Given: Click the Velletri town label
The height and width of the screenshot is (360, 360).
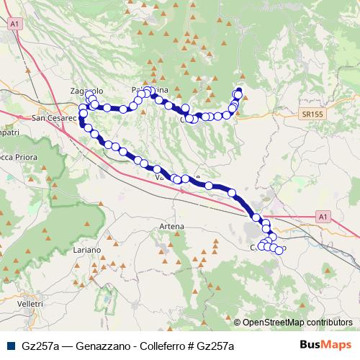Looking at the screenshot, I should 31,305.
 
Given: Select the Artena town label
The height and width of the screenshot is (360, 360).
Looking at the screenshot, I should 172,226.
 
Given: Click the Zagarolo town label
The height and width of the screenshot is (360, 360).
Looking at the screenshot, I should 86,91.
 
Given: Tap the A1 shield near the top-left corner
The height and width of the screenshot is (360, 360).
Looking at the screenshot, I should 14,24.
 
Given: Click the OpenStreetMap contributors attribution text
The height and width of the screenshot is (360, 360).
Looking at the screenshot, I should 297,323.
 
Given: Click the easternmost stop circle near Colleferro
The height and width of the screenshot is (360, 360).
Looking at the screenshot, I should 279,251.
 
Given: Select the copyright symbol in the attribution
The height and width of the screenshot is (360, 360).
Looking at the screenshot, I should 238,323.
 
